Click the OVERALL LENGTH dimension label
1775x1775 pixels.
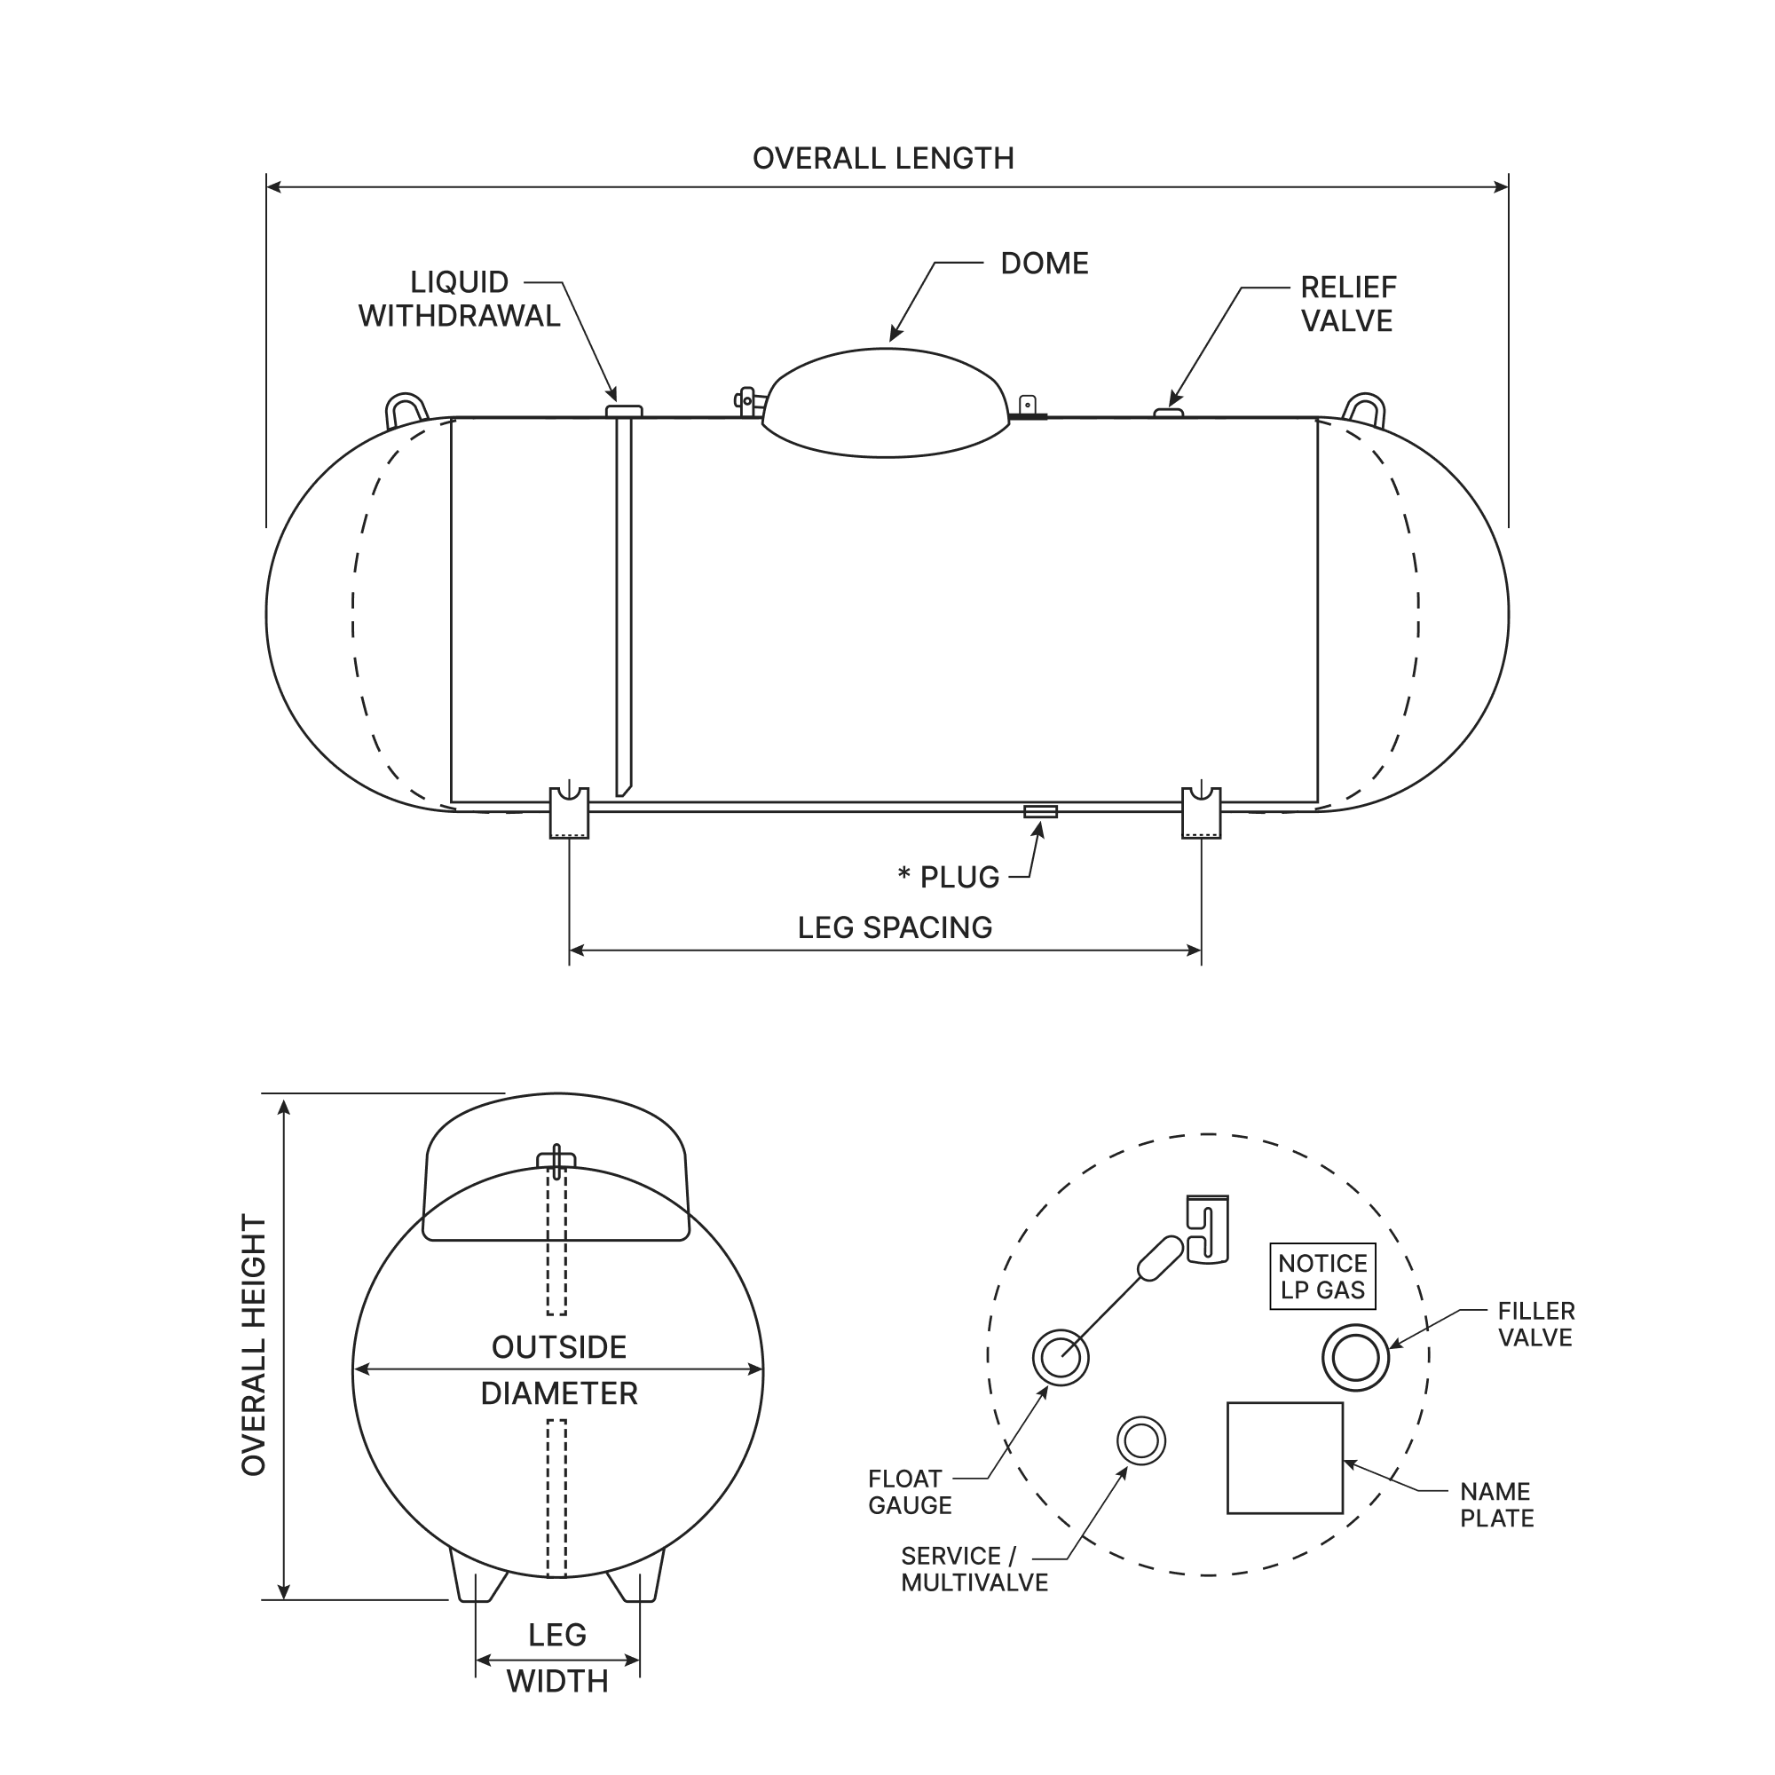[883, 158]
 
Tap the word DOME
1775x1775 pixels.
[1044, 264]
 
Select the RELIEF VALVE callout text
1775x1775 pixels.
[1347, 304]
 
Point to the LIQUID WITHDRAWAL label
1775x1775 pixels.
[459, 298]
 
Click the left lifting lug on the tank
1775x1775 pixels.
[406, 409]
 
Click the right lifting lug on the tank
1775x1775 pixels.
[1363, 409]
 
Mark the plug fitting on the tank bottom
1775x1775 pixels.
[1040, 810]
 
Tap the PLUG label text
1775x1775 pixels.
[958, 878]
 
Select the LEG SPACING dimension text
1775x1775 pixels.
[894, 928]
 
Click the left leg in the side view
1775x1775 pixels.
[569, 814]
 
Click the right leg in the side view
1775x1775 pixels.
[1201, 814]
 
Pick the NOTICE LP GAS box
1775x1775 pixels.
[1323, 1276]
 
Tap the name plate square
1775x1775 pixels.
[1284, 1457]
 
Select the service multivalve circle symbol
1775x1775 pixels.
[1140, 1440]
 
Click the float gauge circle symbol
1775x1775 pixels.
[1061, 1356]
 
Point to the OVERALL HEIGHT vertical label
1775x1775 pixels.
[254, 1346]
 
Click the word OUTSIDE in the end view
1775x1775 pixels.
[558, 1348]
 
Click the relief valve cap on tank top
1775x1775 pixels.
[1168, 413]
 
